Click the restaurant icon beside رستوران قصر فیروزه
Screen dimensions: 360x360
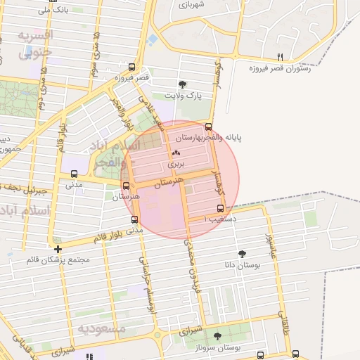tap(281, 57)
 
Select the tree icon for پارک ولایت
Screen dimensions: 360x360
tap(184, 84)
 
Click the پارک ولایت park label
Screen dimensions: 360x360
tap(183, 95)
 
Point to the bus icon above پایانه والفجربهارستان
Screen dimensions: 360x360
tap(207, 127)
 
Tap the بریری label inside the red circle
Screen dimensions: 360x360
tap(175, 163)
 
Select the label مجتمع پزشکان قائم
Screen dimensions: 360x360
tap(58, 260)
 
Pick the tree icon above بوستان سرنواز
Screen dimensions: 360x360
tap(217, 336)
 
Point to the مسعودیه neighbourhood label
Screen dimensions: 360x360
tap(102, 328)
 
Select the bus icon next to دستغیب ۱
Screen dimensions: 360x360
tap(221, 209)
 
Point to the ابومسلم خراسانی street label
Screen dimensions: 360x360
tap(148, 284)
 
